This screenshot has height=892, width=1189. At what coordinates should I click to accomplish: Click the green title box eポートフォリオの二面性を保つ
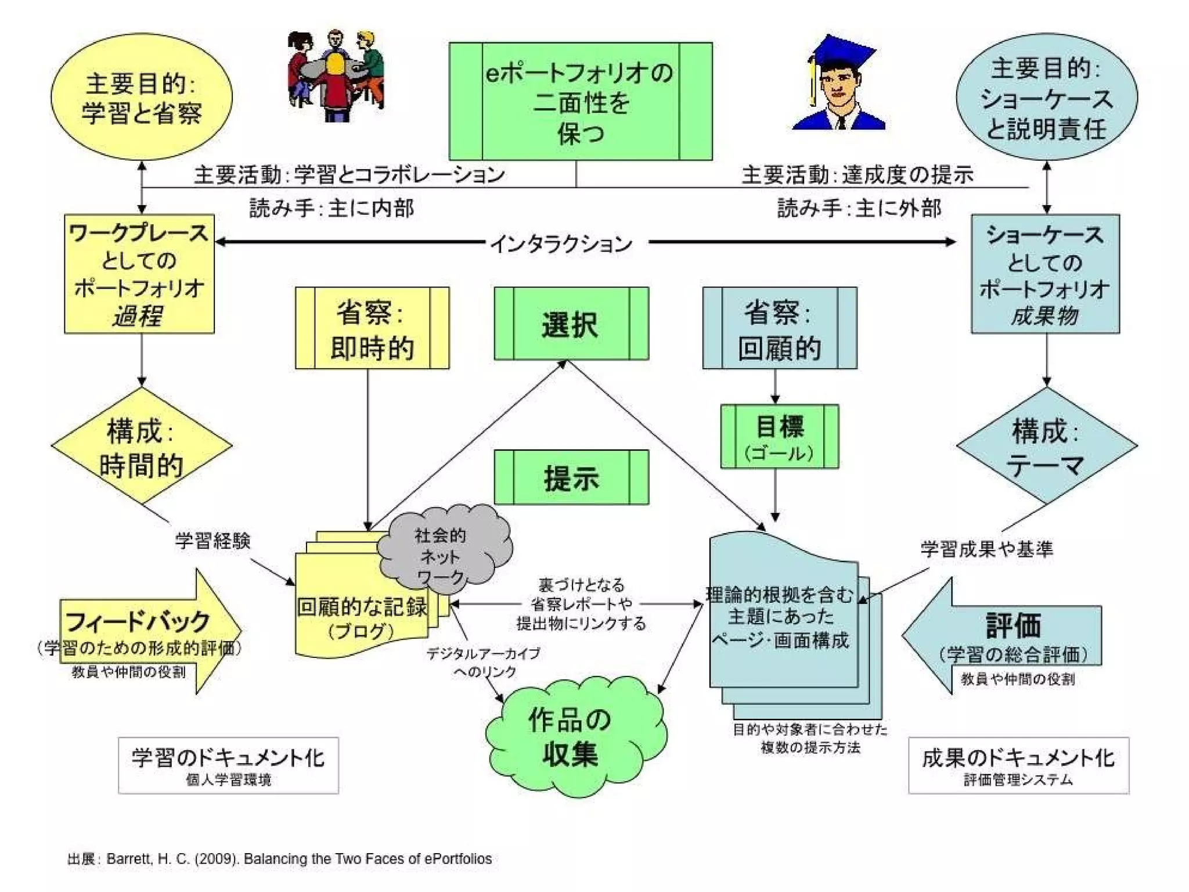pos(580,102)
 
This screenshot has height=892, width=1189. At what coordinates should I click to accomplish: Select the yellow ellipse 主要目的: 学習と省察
pos(142,98)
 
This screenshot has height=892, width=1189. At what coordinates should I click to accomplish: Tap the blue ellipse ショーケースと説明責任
pos(1046,98)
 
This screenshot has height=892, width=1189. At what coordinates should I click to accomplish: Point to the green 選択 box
pos(571,324)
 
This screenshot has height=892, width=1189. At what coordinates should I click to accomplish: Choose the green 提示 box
pos(571,477)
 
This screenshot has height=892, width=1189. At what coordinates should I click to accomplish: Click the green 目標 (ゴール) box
pos(779,436)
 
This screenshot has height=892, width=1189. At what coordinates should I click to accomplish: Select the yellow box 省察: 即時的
pos(372,328)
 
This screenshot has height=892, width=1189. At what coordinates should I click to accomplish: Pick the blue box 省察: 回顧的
pos(779,328)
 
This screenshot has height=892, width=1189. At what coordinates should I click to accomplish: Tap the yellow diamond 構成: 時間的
pos(141,446)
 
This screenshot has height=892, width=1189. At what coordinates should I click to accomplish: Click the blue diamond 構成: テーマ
pos(1046,446)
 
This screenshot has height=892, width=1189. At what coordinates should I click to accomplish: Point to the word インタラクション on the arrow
pos(561,243)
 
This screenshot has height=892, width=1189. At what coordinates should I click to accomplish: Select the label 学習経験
pos(213,541)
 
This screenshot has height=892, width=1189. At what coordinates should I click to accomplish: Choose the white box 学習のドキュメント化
pos(228,765)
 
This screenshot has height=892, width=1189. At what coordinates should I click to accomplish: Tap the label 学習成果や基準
pos(986,549)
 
